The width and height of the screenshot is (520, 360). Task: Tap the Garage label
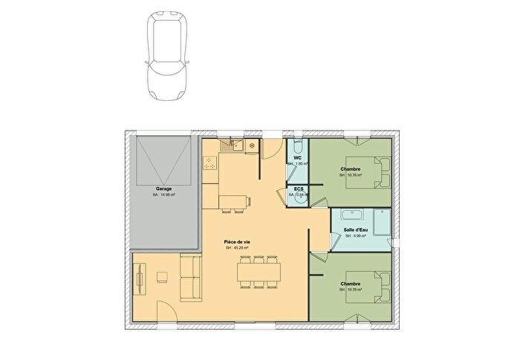click(x=163, y=189)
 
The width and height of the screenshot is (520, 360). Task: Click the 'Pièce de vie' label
click(x=237, y=242)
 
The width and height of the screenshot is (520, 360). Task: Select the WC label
click(x=297, y=157)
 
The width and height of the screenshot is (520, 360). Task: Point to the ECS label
click(x=299, y=189)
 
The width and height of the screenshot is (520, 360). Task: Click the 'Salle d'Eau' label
click(x=356, y=230)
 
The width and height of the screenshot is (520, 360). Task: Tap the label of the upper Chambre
click(x=351, y=169)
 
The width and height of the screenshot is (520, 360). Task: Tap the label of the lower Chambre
click(x=351, y=284)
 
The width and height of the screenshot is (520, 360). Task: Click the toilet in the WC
click(x=297, y=145)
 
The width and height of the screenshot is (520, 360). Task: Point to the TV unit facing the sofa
click(x=139, y=281)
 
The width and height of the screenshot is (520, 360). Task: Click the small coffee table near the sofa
click(x=162, y=278)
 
